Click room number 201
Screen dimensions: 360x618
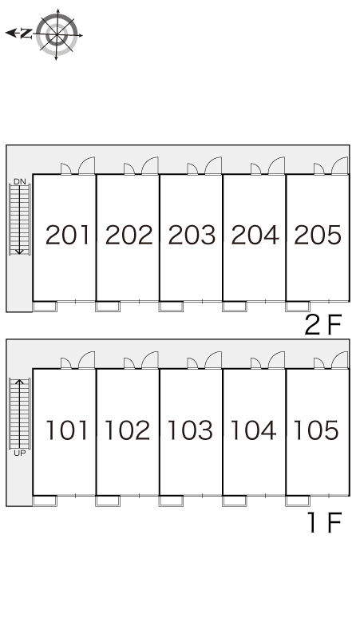67,235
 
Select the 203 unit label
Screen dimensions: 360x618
192,235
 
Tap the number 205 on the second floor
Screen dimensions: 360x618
318,235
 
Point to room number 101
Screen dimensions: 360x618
66,430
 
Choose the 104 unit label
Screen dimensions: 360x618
253,430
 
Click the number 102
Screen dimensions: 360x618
128,430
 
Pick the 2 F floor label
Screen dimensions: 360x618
323,325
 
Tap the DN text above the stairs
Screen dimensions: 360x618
20,182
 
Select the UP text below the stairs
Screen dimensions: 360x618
20,454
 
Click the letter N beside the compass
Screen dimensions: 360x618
26,34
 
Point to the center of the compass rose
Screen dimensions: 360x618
57,34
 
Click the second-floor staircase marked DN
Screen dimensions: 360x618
20,220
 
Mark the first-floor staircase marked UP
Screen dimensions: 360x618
20,414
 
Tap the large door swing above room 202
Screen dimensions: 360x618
150,165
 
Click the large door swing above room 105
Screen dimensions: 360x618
339,360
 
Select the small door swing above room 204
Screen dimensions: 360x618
255,169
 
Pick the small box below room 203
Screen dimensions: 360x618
171,307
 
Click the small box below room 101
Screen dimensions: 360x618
45,501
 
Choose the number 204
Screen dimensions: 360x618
255,235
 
